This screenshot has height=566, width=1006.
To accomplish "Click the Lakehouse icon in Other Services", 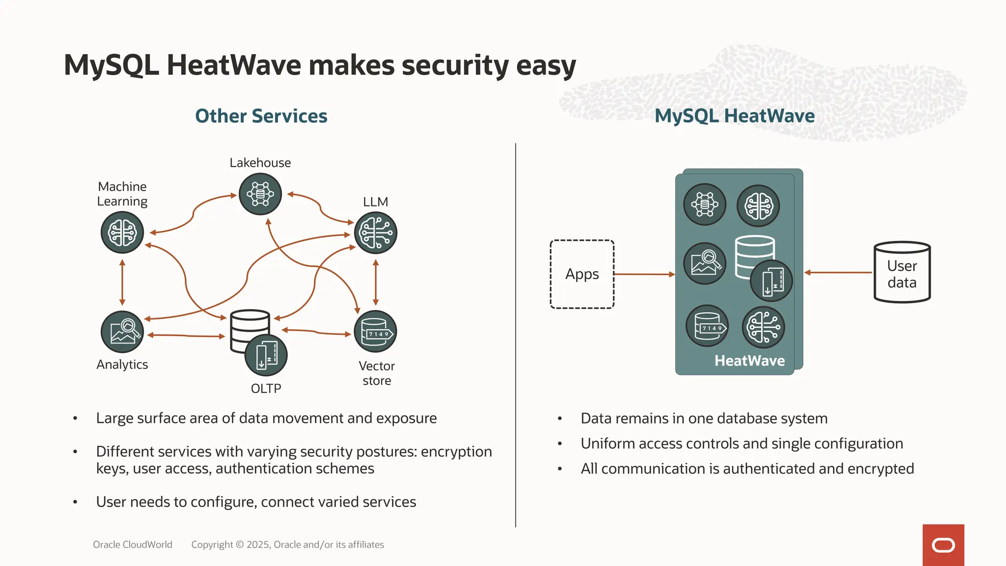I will [260, 194].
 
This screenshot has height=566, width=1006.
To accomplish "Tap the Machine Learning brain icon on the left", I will [122, 232].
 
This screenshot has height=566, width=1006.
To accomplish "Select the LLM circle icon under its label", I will [375, 233].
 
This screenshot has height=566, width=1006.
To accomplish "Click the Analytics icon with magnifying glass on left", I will [122, 332].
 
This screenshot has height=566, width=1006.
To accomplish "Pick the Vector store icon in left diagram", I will [375, 332].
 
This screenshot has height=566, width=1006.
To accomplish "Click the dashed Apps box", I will [582, 274].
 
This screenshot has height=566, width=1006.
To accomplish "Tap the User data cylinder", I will [902, 272].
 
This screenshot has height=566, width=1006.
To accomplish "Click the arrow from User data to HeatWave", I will [838, 272].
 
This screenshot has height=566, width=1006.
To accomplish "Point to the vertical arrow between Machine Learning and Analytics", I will [122, 283].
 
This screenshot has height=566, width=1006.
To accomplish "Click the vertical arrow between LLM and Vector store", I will [376, 283].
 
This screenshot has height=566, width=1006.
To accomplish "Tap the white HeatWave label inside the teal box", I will [750, 361].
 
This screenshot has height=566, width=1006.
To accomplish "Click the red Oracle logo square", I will [943, 545].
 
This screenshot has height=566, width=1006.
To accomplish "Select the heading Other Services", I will [261, 116].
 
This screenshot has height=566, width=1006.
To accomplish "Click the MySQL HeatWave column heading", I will [734, 116].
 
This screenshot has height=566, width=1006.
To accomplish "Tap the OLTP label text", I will [266, 389].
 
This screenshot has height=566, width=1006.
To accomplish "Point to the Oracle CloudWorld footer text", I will [133, 544].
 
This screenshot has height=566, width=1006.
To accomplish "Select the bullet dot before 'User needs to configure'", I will [75, 502].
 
